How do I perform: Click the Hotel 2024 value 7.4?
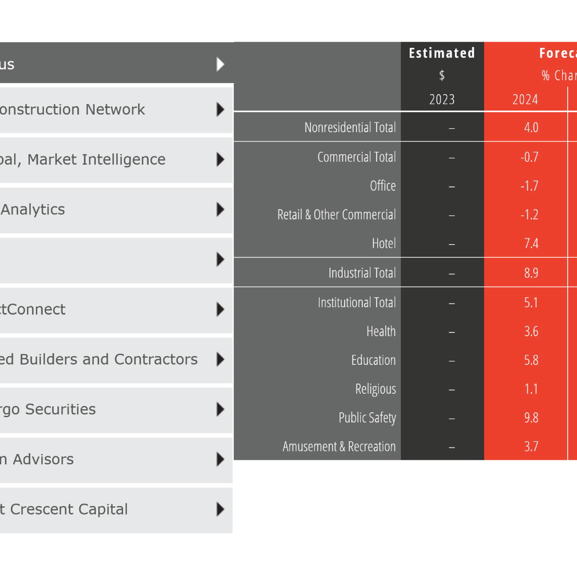tap(531, 244)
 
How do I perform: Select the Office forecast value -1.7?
tap(530, 186)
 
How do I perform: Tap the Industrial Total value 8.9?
tap(531, 273)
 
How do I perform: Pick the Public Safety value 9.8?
tap(531, 418)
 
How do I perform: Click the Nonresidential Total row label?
tap(350, 128)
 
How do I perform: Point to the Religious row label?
tap(375, 389)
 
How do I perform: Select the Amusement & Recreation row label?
tap(339, 447)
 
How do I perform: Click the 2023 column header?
tap(442, 99)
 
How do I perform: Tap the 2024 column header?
tap(525, 99)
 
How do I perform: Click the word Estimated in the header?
tap(442, 53)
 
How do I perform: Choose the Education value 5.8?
tap(531, 360)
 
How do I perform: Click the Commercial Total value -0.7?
tap(530, 157)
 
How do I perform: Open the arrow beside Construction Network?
tap(220, 109)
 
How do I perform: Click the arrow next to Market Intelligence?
tap(220, 159)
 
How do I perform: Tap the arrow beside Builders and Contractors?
tap(220, 359)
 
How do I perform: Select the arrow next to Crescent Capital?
tap(220, 509)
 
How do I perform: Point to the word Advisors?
tap(43, 459)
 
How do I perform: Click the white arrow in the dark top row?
tap(220, 64)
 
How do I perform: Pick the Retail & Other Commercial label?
tap(336, 215)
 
